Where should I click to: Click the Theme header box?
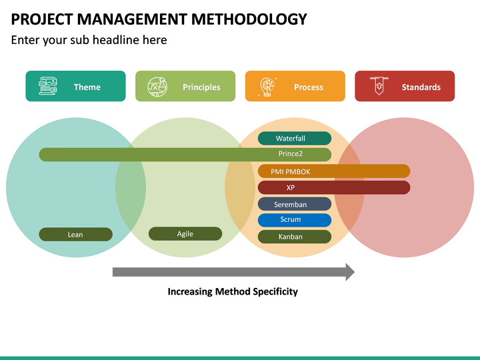point(75,86)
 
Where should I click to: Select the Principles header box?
point(185,86)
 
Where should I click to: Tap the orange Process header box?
point(295,86)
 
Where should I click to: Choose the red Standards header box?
point(405,86)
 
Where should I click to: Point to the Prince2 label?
point(291,154)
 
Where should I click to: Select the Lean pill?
point(75,235)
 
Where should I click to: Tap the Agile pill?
point(185,234)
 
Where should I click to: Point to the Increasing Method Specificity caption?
point(233,291)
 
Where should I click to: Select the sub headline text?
point(89,40)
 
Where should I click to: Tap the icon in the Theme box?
point(48,86)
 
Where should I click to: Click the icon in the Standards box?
point(379,86)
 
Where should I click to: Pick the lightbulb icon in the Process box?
point(268,87)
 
